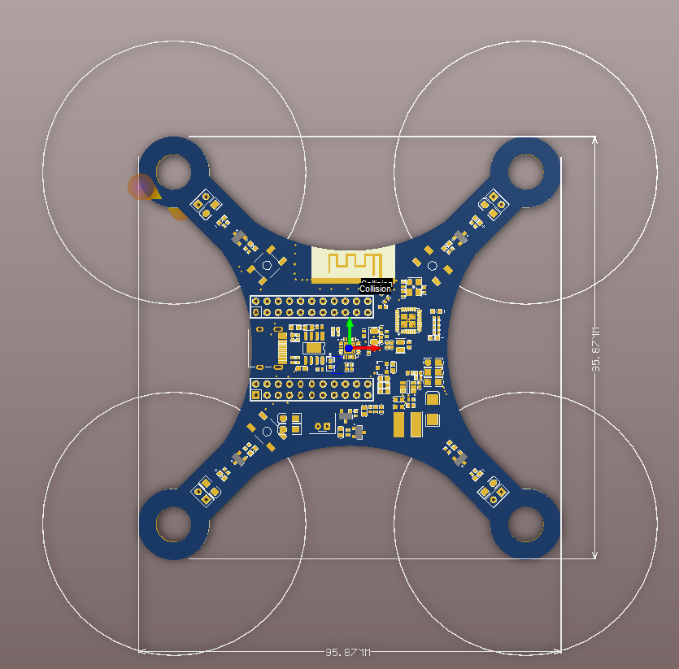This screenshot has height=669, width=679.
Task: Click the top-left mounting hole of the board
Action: point(173,172)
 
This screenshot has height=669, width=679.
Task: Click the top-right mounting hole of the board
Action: point(525,172)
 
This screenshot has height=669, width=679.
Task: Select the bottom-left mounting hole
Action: point(173,524)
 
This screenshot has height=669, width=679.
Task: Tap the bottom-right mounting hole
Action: point(525,524)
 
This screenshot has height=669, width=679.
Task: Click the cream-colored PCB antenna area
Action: point(353,263)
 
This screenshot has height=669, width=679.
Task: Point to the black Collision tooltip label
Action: point(376,289)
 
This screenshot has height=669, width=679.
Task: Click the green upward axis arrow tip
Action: point(350,321)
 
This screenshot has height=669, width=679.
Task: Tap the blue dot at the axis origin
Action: point(349,348)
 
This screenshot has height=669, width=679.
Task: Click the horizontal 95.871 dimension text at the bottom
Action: point(348,653)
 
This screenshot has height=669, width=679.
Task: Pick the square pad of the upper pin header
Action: point(256,312)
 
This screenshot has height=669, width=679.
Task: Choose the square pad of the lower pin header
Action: point(256,395)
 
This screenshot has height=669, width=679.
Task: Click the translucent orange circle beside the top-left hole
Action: point(141,187)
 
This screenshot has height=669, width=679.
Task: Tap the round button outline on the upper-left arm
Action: point(267,264)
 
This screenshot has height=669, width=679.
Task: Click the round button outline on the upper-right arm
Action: point(433,265)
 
